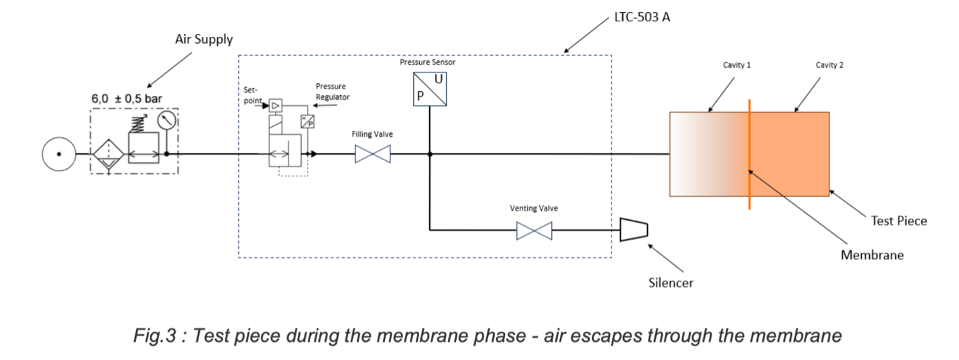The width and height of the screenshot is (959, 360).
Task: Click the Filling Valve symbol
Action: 372,155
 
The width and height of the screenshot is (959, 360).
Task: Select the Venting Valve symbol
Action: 534,231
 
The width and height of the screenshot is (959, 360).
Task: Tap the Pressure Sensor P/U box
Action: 429,89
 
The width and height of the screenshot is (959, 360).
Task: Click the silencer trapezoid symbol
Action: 633,230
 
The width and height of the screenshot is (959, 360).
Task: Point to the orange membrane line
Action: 749,154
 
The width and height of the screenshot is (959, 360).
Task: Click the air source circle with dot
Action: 58,154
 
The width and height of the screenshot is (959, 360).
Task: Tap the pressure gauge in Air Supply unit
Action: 166,120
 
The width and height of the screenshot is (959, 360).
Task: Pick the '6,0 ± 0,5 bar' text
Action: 127,98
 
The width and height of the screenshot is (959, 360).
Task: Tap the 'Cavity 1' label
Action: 736,65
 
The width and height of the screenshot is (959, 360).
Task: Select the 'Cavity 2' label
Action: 830,65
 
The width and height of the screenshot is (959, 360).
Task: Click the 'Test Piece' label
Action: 898,221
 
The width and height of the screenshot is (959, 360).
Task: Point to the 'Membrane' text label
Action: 872,255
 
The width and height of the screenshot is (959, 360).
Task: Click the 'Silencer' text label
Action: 671,282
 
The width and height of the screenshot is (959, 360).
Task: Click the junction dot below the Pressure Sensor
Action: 429,154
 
